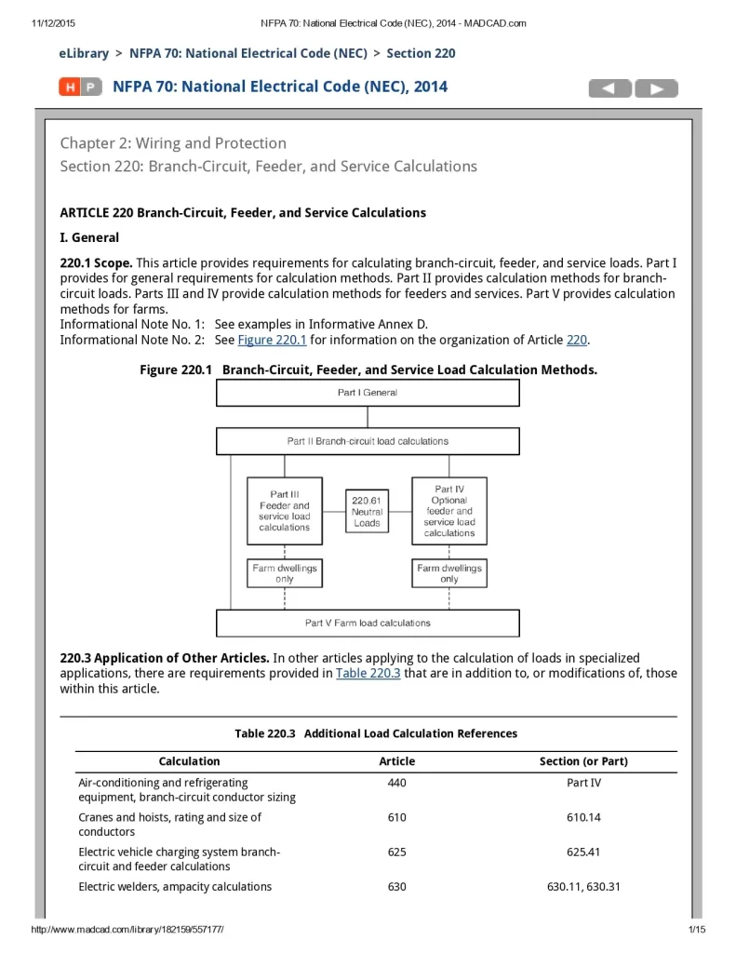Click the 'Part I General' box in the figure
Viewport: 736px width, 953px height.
(x=368, y=393)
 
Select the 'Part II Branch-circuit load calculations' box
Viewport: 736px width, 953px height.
(x=368, y=441)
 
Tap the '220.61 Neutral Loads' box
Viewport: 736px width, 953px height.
(x=367, y=511)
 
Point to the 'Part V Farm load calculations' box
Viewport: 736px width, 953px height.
(x=368, y=623)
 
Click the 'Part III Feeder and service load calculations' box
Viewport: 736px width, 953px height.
(x=285, y=511)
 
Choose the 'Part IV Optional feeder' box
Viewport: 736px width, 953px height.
(x=449, y=511)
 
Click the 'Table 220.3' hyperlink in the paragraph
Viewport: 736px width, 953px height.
(x=368, y=673)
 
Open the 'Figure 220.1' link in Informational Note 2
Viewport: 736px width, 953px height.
(x=272, y=340)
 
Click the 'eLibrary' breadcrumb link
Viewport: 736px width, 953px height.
(x=84, y=53)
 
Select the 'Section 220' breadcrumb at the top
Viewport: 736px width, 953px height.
(x=421, y=53)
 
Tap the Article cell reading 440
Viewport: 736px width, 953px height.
(x=397, y=783)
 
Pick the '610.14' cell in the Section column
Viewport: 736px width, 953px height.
(x=583, y=817)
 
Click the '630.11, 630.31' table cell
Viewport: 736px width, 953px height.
(x=583, y=887)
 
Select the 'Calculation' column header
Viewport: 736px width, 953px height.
(x=190, y=761)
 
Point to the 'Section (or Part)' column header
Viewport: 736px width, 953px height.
(x=583, y=761)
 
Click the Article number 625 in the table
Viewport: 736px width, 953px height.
(x=397, y=852)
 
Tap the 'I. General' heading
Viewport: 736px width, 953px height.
(x=89, y=237)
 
